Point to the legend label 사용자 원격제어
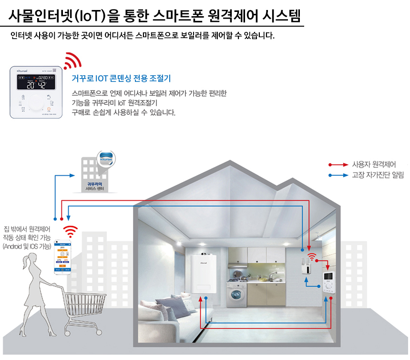[x=374, y=164]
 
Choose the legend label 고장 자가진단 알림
[x=378, y=175]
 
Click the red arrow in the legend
[x=338, y=164]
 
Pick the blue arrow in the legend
[x=338, y=175]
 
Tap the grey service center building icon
[x=97, y=174]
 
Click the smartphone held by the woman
[x=63, y=258]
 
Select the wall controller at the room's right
[x=329, y=284]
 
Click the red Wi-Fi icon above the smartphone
[x=71, y=231]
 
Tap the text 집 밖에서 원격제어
[x=30, y=229]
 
